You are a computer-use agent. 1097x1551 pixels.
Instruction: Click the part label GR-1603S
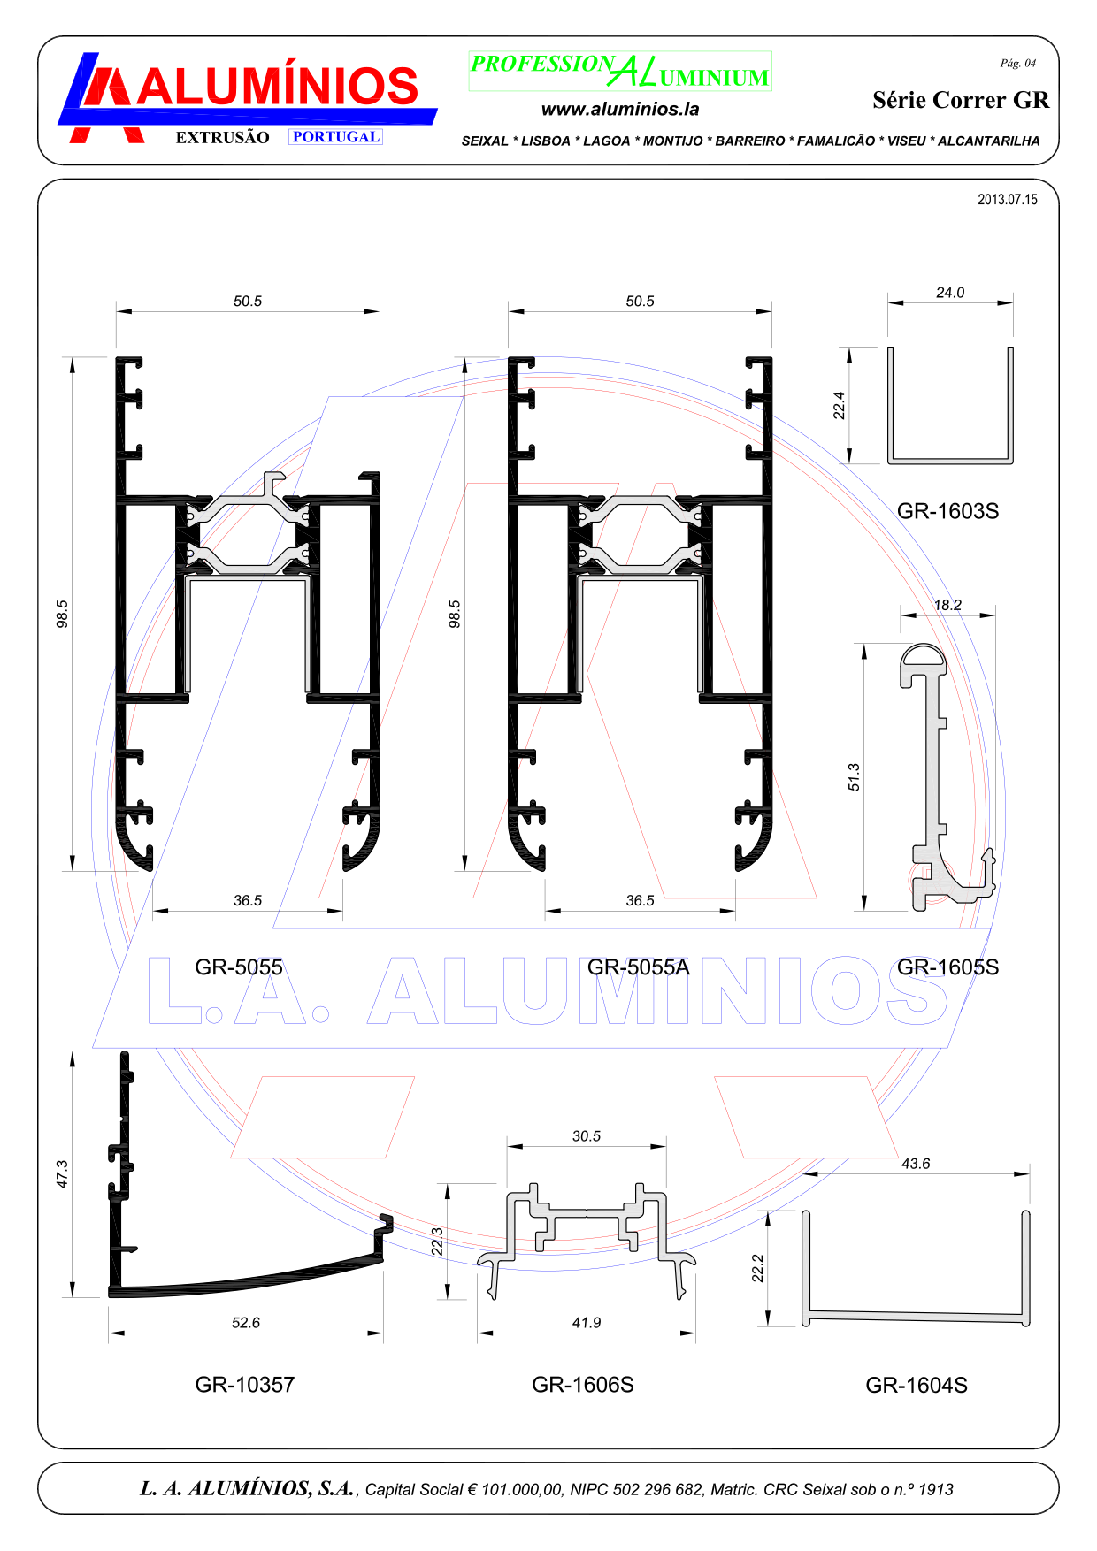[947, 511]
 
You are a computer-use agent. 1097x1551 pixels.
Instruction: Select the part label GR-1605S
[947, 967]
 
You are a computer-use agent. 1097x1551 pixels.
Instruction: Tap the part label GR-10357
[245, 1385]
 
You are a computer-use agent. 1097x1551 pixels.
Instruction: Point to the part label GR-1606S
[583, 1385]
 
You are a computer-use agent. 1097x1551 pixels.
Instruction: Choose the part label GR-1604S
[917, 1386]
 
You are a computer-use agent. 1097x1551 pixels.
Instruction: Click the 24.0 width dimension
[950, 293]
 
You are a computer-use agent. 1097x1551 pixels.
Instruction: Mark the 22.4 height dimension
[840, 405]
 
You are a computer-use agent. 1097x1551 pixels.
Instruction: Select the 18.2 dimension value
[947, 606]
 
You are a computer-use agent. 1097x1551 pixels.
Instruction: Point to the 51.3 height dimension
[854, 777]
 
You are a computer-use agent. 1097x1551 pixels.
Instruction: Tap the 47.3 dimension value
[62, 1174]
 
